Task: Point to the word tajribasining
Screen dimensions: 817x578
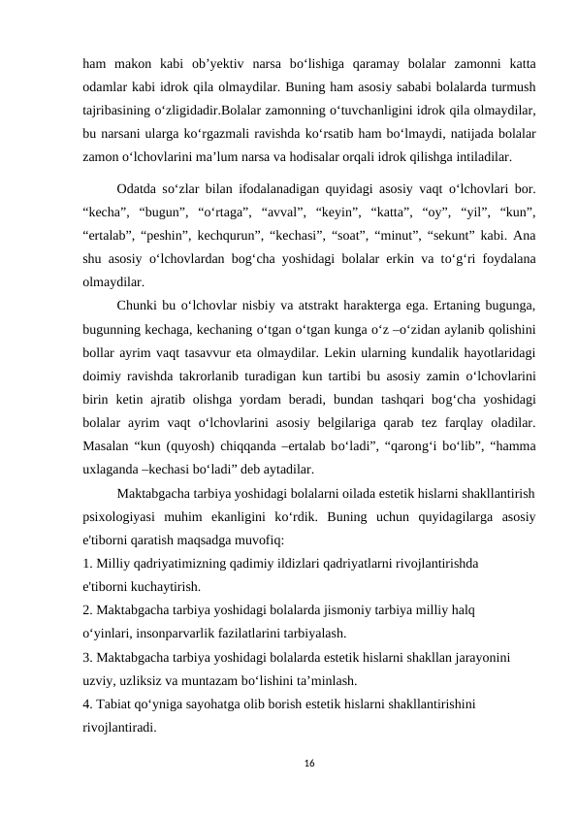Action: point(119,109)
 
